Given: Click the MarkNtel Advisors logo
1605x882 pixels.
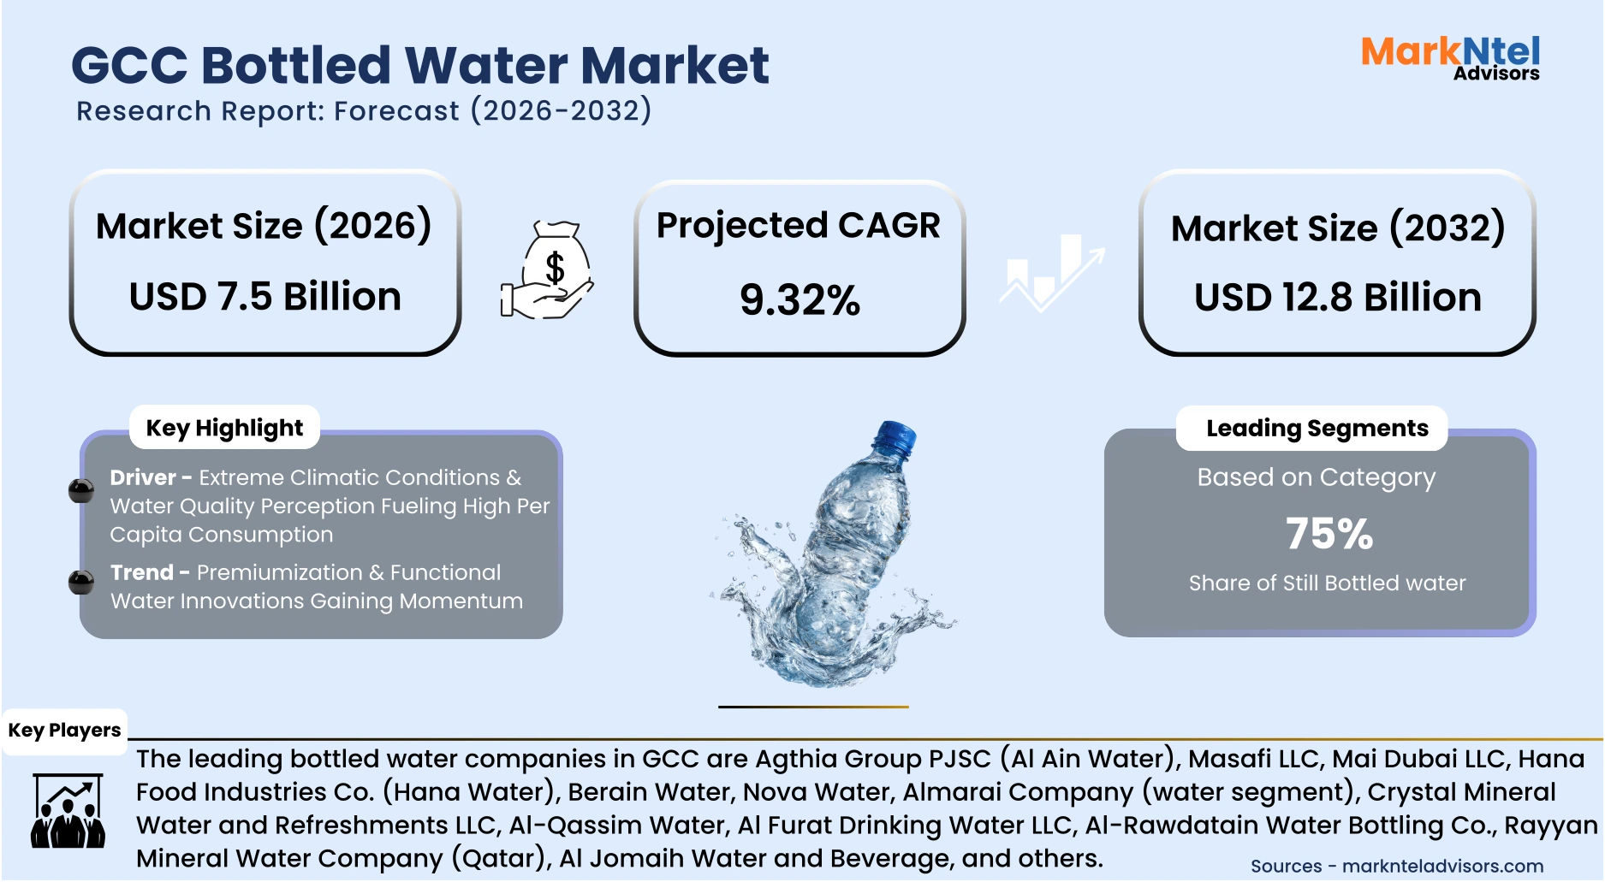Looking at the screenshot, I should click(x=1450, y=58).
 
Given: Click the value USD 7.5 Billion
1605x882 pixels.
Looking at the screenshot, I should click(x=265, y=297).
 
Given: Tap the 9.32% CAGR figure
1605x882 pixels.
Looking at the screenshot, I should click(x=800, y=300).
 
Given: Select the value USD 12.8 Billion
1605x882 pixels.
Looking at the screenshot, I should click(x=1338, y=298).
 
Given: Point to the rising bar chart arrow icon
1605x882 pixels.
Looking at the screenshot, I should click(x=1052, y=272).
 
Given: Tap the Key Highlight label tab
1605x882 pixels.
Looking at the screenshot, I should click(x=224, y=428).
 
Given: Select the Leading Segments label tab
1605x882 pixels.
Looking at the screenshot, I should click(x=1317, y=428).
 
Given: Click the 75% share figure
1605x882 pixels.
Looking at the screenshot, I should click(x=1329, y=535).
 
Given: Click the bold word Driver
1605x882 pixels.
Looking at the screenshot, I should click(x=143, y=477).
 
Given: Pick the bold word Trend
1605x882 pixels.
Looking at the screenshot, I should click(x=142, y=572).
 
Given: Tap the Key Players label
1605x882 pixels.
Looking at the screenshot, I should click(x=64, y=731).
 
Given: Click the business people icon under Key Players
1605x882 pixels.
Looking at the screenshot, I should click(x=68, y=812).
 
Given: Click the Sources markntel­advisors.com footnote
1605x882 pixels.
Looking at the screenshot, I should click(x=1396, y=866).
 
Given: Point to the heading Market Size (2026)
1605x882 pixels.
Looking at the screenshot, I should click(x=264, y=227).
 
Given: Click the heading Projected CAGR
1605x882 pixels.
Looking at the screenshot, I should click(x=798, y=226).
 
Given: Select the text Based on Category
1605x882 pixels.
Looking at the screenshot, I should click(x=1316, y=477).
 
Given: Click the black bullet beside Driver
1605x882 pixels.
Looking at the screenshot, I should click(x=81, y=491).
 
